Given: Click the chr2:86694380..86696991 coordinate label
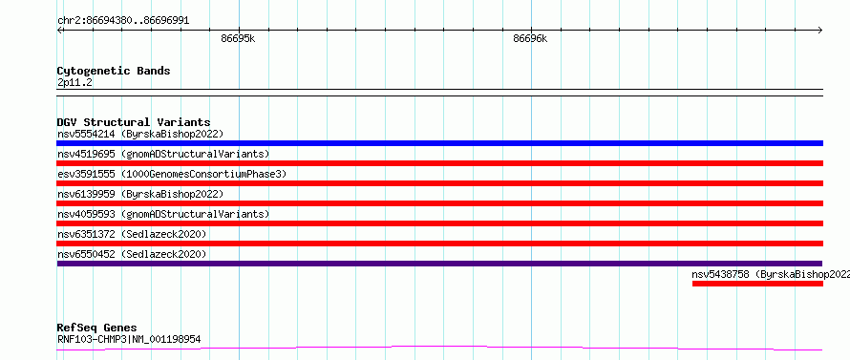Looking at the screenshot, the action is [123, 21].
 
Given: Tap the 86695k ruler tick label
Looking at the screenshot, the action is [238, 38].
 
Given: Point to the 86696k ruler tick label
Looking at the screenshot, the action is [530, 38].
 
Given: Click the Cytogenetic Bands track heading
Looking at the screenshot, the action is [114, 71].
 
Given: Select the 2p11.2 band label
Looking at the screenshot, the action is [74, 82].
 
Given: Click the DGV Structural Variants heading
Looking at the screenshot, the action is [134, 122].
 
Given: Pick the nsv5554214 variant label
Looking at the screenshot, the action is [86, 134].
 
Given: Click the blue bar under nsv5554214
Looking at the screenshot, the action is [440, 143].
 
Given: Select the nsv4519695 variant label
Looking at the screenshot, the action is [86, 154].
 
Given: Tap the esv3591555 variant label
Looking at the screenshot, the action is [86, 174].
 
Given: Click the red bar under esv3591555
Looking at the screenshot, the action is [440, 183].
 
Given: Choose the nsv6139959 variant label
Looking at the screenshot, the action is [86, 194].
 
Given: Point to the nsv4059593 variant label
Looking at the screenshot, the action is [86, 214].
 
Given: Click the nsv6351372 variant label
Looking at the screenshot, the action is [86, 234].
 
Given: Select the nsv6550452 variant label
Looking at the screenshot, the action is [86, 254].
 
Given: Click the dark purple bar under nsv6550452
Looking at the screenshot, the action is [440, 264].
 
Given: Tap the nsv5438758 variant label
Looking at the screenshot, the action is [721, 274].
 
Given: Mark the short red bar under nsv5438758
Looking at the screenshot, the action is [758, 284].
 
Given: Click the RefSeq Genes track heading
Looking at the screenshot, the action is [97, 328].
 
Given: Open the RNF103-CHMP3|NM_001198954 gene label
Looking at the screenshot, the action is [129, 339].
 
